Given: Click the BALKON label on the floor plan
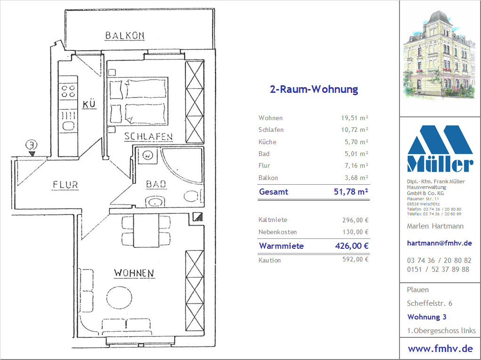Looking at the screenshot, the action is point(124,36).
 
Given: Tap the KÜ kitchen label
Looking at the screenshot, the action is point(89,104).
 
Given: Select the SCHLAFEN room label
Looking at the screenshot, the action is point(148,137).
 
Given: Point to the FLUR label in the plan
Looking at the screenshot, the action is point(65,185).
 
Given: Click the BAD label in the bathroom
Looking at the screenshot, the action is point(156,184).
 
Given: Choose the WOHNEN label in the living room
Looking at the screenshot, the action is point(134,273).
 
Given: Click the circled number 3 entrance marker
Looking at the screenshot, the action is point(32,145).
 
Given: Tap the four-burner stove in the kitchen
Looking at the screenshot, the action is point(68,91).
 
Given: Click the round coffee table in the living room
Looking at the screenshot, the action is point(119,297).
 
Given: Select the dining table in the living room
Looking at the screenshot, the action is point(147,230).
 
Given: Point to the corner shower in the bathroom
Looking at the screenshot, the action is point(182,166).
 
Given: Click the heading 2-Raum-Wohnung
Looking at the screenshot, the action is point(314,90).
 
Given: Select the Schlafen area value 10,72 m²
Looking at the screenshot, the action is point(354,130).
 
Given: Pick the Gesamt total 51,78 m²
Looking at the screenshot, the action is point(351,192).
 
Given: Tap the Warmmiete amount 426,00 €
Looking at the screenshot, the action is point(352,246).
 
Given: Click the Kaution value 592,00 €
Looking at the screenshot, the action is point(355,260).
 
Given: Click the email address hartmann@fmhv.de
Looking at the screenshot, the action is point(439,243).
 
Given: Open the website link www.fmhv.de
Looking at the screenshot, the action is point(440,349).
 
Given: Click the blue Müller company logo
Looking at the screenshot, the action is point(440,148).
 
